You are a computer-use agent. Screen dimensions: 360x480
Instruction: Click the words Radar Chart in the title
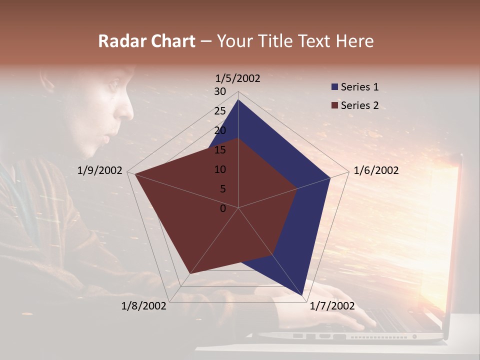pyautogui.click(x=146, y=41)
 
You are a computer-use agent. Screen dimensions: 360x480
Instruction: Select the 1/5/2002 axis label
pyautogui.click(x=238, y=78)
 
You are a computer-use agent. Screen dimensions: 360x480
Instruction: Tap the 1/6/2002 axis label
pyautogui.click(x=376, y=170)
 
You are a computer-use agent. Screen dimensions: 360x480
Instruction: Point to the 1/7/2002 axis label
pyautogui.click(x=332, y=306)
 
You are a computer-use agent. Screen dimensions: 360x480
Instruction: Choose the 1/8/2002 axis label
pyautogui.click(x=144, y=306)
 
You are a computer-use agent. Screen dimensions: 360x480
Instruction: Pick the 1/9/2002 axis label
pyautogui.click(x=100, y=170)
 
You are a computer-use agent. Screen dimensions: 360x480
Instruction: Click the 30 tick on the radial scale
pyautogui.click(x=220, y=91)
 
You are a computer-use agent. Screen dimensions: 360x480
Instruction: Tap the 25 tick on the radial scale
pyautogui.click(x=220, y=111)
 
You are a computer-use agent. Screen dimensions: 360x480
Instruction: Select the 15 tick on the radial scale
pyautogui.click(x=220, y=150)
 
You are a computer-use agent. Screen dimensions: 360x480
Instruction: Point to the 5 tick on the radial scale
pyautogui.click(x=222, y=189)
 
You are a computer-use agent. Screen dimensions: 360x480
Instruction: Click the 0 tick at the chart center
pyautogui.click(x=223, y=208)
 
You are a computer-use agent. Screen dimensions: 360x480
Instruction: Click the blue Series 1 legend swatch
pyautogui.click(x=334, y=87)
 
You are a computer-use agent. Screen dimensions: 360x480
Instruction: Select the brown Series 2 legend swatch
pyautogui.click(x=334, y=105)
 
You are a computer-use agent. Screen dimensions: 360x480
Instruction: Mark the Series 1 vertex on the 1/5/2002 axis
pyautogui.click(x=238, y=99)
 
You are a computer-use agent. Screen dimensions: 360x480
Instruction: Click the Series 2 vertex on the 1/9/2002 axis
pyautogui.click(x=134, y=174)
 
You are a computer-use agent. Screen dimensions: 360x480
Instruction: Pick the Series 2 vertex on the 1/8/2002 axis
pyautogui.click(x=189, y=274)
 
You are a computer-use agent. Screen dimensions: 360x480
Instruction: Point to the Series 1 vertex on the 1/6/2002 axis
pyautogui.click(x=330, y=177)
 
